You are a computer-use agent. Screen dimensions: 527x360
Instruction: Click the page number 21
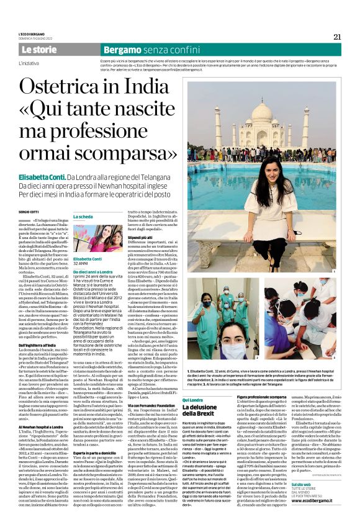[337, 37]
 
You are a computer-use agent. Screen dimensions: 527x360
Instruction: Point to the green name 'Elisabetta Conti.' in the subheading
[43, 177]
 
